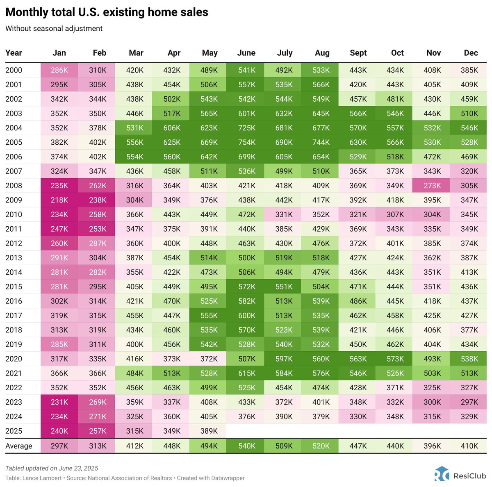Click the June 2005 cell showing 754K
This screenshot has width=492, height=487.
pos(246,142)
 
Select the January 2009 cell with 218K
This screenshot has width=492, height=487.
pos(59,200)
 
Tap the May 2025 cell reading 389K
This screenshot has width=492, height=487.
pos(209,431)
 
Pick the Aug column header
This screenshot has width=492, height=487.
pos(322,53)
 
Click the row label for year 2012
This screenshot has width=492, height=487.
pos(14,243)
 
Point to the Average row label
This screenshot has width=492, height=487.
pos(19,446)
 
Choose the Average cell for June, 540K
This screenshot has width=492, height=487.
pos(246,446)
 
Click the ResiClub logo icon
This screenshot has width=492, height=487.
pos(442,474)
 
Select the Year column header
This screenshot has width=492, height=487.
pos(14,53)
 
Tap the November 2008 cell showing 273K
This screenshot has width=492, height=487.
pos(432,186)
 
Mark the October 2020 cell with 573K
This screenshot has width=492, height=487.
pos(395,359)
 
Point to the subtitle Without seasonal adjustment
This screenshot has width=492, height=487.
pos(54,29)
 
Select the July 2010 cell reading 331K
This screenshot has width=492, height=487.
pos(284,214)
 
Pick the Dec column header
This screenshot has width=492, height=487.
pos(471,53)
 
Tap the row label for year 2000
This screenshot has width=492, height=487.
pos(14,70)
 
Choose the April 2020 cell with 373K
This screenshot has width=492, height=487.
pos(172,359)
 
